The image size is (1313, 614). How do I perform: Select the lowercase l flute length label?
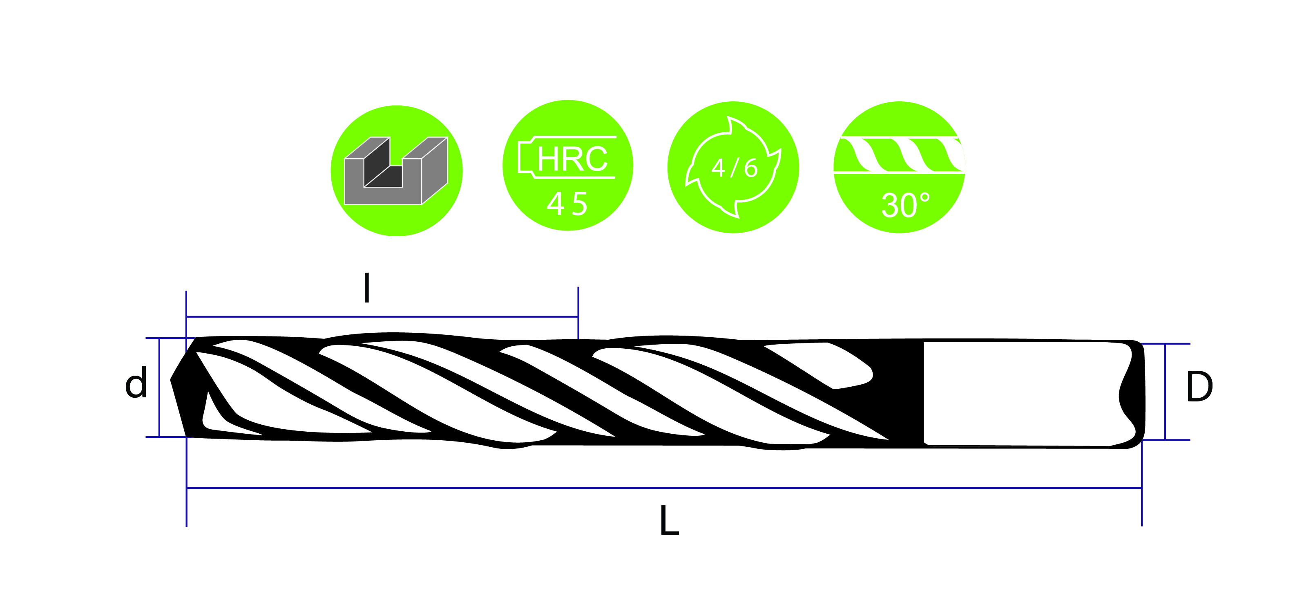point(366,288)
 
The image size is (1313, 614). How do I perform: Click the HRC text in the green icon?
point(572,159)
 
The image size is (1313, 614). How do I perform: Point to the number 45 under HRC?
point(567,204)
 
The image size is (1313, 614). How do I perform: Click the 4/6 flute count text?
point(735,168)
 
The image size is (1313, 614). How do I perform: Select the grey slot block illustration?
point(396,171)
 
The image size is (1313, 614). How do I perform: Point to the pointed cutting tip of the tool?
point(171,380)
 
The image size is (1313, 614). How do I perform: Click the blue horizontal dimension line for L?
point(663,488)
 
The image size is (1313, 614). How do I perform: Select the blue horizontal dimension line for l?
point(382,317)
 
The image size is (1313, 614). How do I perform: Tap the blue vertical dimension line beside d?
point(160,388)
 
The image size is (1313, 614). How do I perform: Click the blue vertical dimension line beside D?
point(1165,392)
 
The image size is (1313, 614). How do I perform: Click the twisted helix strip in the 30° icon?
point(900,155)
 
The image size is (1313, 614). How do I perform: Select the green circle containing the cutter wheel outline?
point(733,167)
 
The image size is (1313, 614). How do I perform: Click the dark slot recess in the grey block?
point(383,168)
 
